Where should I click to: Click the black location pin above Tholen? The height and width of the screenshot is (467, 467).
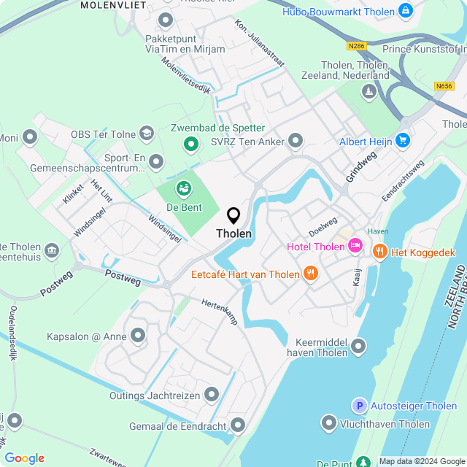pos(233,215)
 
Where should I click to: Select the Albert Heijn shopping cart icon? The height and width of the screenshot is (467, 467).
pos(404,141)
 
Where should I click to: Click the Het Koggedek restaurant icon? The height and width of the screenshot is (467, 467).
pos(379,252)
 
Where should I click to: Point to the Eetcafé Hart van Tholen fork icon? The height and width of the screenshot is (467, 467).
pos(311,274)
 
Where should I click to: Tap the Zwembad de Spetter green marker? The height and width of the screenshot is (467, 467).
pos(191,144)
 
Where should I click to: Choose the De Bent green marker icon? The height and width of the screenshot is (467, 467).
pos(183,190)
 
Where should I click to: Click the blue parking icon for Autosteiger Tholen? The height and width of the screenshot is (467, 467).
pos(359,406)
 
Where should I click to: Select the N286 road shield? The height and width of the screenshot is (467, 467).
pos(356,47)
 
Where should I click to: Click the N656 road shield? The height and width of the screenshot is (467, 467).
pos(443,86)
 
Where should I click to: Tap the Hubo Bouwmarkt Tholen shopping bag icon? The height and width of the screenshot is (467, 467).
pos(406,10)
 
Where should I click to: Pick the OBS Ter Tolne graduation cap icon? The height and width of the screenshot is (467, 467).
pos(147,134)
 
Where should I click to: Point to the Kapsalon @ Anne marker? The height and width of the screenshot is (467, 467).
pos(138,336)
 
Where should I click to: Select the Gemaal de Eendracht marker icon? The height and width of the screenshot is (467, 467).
pos(238,425)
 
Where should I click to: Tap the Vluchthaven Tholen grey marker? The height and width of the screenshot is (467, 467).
pos(329,423)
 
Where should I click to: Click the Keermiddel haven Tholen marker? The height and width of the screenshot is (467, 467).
pos(358,346)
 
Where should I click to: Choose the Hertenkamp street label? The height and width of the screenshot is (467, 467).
pos(220,313)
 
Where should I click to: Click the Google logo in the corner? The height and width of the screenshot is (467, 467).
pos(24,458)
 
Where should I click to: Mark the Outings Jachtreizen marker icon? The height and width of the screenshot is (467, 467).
pos(212,395)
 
